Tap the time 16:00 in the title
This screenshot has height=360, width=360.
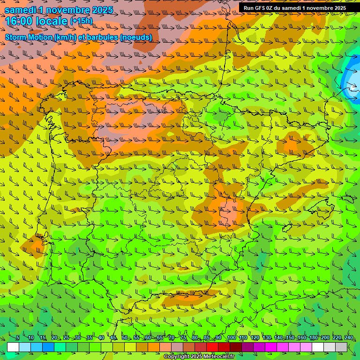tap(20, 21)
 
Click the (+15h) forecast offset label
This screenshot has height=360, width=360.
tap(81, 21)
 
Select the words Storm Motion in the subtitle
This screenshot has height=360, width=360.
tap(29, 37)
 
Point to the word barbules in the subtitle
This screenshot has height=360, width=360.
tap(100, 37)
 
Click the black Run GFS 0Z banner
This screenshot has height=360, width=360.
tap(295, 8)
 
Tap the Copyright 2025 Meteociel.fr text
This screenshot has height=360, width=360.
tap(199, 357)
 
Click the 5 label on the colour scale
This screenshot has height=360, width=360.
tap(17, 338)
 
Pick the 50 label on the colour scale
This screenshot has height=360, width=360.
tap(124, 338)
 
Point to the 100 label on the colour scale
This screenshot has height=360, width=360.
tap(231, 338)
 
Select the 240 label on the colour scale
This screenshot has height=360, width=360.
tap(348, 338)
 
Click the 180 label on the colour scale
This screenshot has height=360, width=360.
tap(313, 338)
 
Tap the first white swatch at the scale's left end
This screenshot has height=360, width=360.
tap(13, 347)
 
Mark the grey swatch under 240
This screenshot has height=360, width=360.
tap(341, 347)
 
